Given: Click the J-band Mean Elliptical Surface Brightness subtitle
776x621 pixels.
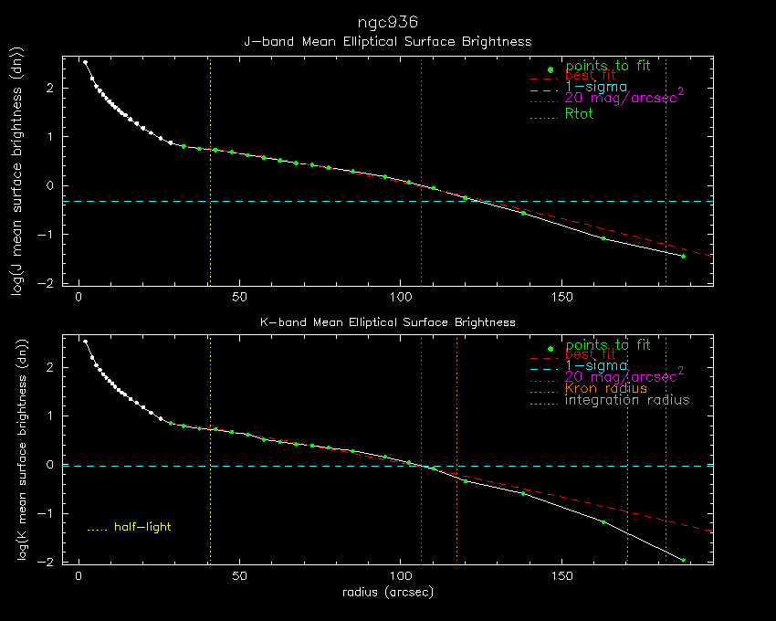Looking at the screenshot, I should [x=388, y=42].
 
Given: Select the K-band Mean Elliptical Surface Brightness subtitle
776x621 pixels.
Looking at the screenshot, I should [x=388, y=322].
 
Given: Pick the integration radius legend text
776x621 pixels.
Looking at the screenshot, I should [x=627, y=400].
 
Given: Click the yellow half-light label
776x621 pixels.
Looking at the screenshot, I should [x=142, y=527].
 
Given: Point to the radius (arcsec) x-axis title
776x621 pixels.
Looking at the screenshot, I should [x=387, y=593].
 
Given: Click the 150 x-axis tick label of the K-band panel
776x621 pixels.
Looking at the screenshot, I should [x=562, y=577].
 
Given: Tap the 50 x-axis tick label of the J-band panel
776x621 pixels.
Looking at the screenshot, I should [x=240, y=297].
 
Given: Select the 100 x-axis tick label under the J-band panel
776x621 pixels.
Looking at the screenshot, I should [x=401, y=297].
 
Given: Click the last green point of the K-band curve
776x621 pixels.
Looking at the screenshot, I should [x=683, y=560].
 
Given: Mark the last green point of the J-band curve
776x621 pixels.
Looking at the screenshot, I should [x=683, y=256].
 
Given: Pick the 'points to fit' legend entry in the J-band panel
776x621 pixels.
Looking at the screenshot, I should [x=608, y=67].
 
